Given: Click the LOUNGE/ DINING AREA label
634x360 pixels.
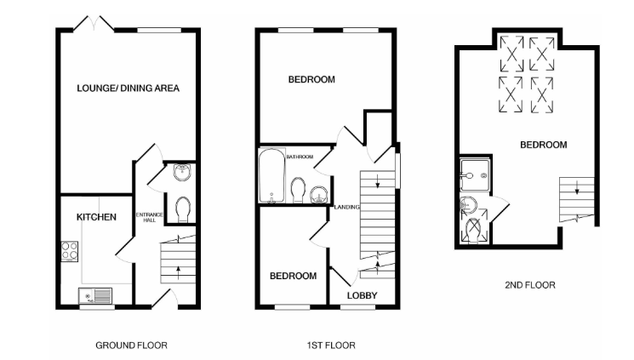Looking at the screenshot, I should click(128, 88).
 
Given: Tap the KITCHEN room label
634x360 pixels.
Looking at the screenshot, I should click(96, 218).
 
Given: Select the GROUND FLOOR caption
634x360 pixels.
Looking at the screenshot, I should click(131, 346).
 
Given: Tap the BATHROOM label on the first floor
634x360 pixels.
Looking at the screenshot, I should click(300, 157).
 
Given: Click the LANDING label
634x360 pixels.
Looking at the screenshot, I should click(347, 207).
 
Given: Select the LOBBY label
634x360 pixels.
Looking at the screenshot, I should click(361, 295).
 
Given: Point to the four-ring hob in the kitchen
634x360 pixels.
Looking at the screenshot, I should click(70, 252).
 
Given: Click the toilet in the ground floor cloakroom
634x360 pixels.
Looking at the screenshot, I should click(181, 208).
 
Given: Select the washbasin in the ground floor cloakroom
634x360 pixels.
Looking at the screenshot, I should click(180, 172).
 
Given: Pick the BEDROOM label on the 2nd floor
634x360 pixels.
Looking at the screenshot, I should click(543, 146).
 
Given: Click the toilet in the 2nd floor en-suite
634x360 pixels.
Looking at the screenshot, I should click(473, 228).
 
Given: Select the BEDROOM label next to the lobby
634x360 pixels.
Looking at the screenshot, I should click(293, 276).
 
